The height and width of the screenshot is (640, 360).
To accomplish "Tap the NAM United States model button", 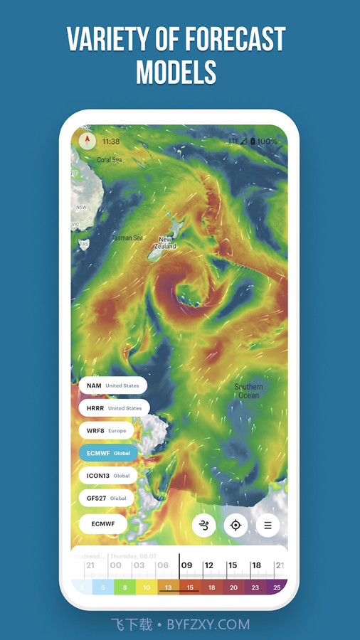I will pos(112,385).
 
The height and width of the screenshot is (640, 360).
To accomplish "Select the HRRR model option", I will pos(114,408).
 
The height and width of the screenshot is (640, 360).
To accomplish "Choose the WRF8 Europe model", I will pos(106,430).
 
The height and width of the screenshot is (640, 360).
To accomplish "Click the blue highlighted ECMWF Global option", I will pos(108,453).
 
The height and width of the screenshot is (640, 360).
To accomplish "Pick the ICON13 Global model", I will pos(107,476).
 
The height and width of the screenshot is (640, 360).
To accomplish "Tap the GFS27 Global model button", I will pos(106,498).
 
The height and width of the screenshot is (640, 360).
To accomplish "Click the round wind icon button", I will pos(204,526).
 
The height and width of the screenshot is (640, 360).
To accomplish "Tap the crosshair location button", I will pos(235,526).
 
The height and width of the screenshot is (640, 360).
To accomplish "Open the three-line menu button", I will pos(268,526).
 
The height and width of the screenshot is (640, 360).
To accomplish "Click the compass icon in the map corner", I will pos(88,140).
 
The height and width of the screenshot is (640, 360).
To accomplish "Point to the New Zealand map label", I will pos(166,243).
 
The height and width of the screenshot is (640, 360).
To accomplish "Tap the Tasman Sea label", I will pos(127,238).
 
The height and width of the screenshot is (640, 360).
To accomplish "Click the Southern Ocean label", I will pos(249,391).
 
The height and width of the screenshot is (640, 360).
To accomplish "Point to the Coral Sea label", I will pos(110,160).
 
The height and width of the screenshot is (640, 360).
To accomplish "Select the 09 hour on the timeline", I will pos(187,565).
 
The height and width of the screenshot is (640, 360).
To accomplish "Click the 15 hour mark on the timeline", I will pos(233,565).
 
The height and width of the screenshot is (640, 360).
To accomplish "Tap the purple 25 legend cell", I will pos(276,587).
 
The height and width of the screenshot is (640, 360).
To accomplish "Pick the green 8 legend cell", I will pos(125,587).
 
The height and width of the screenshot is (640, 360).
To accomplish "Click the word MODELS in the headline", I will pos(176,72).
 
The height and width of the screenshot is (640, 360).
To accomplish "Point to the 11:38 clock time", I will pos(111,142).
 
